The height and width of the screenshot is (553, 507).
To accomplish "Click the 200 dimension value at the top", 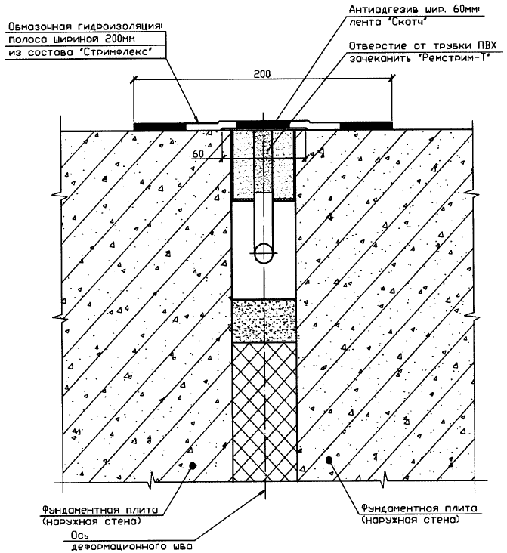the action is [x=262, y=73].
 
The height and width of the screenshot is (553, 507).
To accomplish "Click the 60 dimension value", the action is [x=198, y=154].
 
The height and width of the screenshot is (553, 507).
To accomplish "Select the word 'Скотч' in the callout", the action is [x=408, y=22].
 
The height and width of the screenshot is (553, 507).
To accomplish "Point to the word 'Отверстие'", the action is [x=378, y=46].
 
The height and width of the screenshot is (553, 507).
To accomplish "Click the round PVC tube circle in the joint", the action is [x=264, y=253].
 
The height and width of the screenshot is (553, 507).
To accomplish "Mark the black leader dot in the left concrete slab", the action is [x=192, y=465].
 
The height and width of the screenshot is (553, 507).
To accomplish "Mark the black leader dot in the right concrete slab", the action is [x=329, y=460].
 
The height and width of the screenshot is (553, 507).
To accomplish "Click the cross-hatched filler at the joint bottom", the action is [x=264, y=412].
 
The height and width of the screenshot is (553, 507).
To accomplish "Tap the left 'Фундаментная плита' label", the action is [x=100, y=510].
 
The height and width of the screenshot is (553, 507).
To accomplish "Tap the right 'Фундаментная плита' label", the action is [x=419, y=508].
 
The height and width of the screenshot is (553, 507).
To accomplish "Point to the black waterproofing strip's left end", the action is [x=134, y=126].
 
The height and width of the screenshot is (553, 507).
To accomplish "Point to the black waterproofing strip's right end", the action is [x=391, y=125].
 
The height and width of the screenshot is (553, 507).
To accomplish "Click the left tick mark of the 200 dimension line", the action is [x=134, y=79].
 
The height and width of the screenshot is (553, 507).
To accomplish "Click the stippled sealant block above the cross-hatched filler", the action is [x=264, y=321].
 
